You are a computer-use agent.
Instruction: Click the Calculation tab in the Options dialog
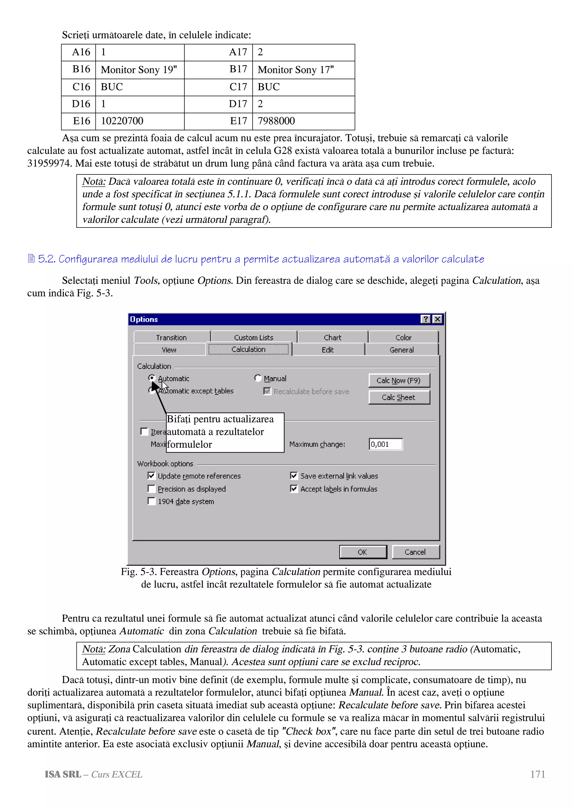248,349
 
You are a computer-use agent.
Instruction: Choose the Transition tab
171,337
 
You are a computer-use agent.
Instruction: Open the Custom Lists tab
253,337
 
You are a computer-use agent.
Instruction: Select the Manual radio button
258,378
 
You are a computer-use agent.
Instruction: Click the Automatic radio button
152,378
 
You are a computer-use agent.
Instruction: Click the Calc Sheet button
399,397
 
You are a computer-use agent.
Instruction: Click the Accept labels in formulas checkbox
294,489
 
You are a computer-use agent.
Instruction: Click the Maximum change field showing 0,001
385,444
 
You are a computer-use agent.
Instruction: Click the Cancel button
415,552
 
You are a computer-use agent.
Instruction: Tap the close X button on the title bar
437,319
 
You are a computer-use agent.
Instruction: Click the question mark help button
426,319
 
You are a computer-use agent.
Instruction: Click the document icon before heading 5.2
31,259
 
